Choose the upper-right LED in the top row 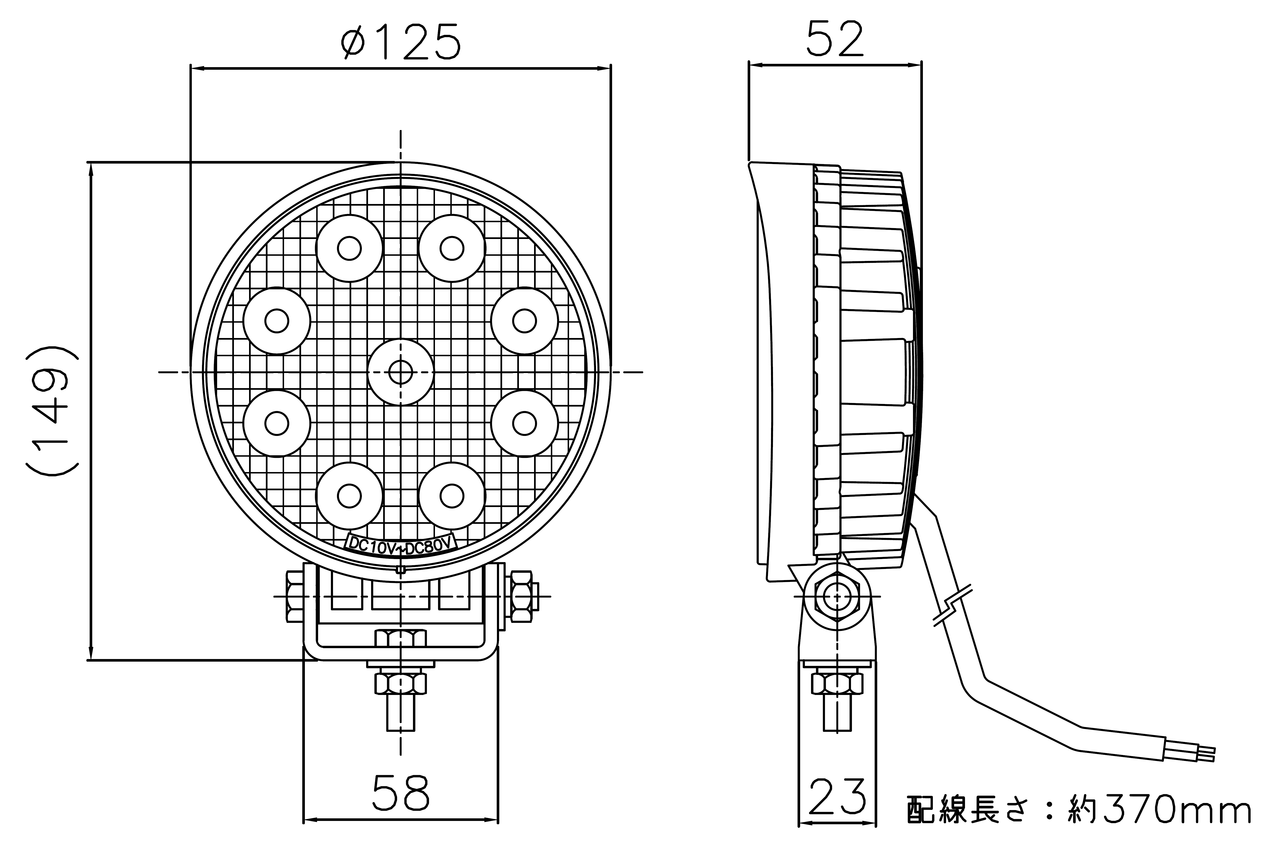(x=452, y=248)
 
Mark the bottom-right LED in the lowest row (x=452, y=495)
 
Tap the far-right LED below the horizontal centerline (x=524, y=424)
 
